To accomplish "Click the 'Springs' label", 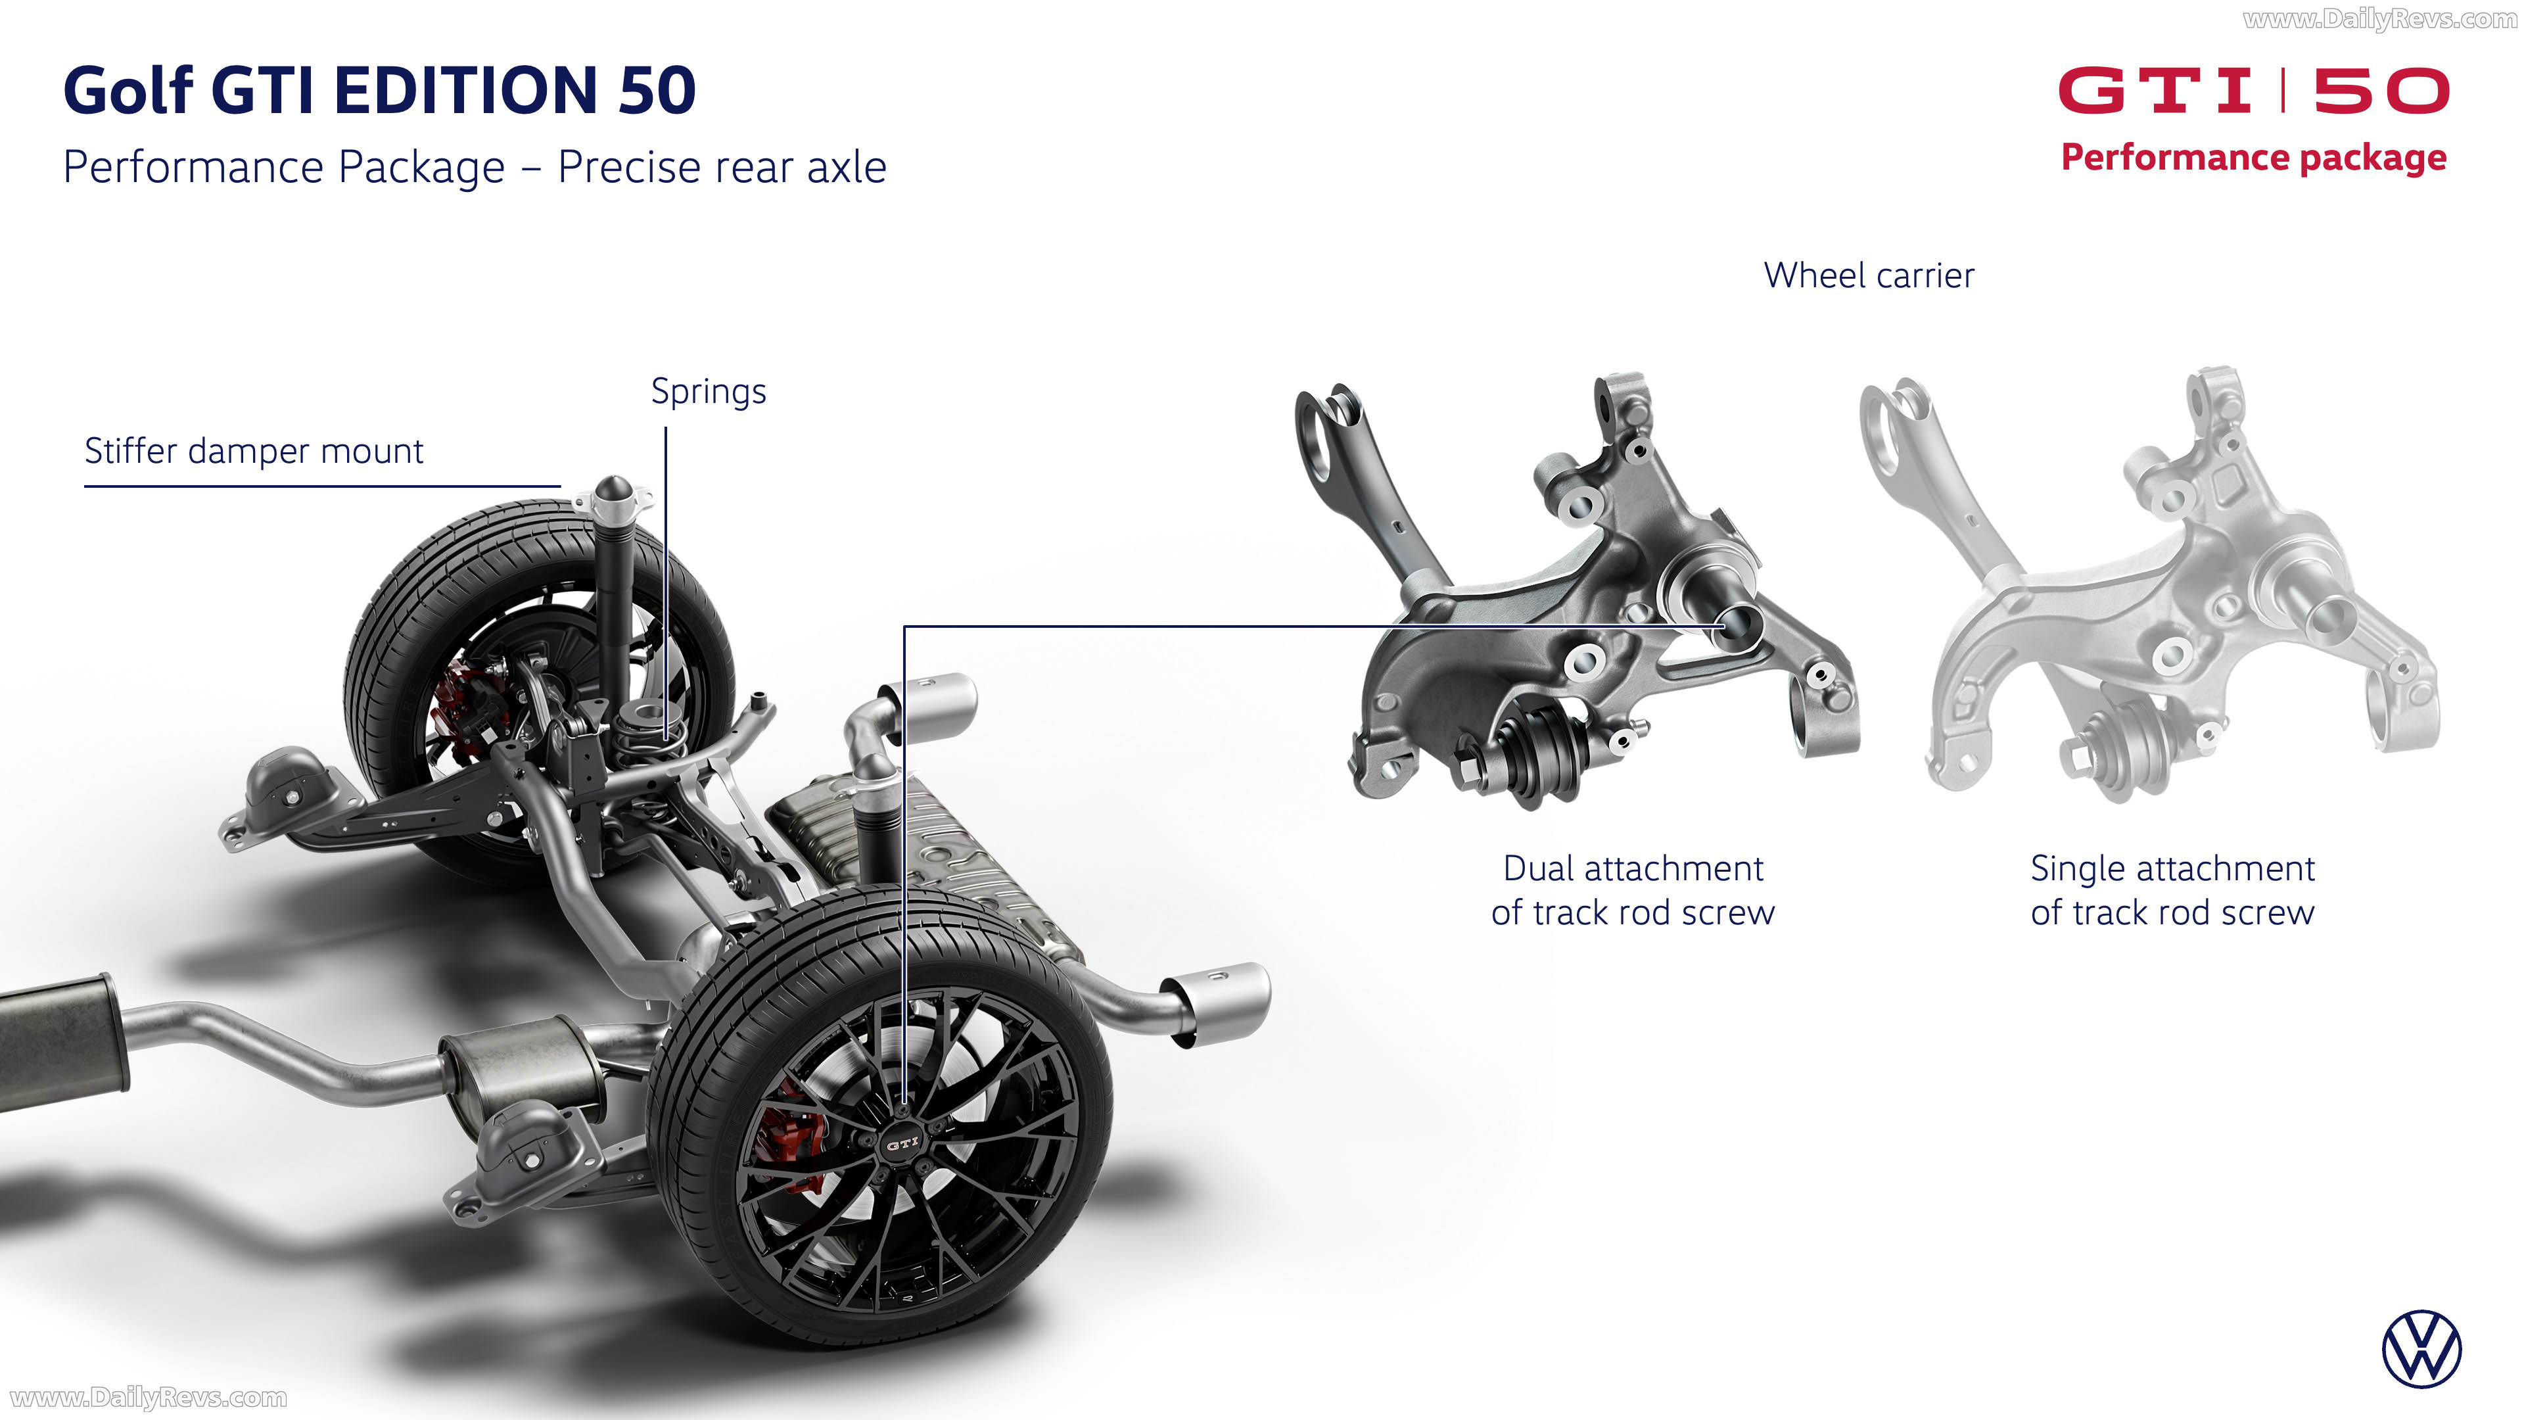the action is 709,392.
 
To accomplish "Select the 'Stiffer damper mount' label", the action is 254,451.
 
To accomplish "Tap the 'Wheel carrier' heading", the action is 1869,275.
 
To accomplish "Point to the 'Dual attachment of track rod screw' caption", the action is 1632,890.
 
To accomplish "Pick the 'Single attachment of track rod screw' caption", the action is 2172,890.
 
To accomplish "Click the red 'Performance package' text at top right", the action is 2254,158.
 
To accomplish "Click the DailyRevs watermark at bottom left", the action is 148,1398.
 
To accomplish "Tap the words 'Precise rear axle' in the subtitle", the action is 722,168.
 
